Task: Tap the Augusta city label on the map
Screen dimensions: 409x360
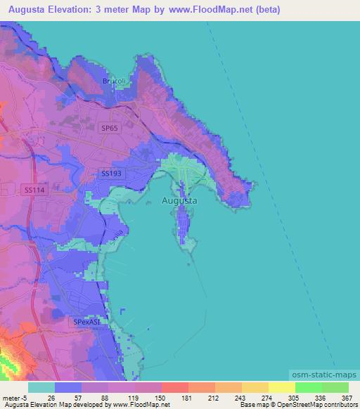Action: point(179,200)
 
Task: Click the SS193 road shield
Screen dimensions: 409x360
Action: point(112,173)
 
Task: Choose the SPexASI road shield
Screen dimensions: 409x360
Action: point(87,322)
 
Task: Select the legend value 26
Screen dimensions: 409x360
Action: point(51,398)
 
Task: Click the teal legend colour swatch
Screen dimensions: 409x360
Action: point(41,387)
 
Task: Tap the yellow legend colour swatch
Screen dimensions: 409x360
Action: point(281,387)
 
